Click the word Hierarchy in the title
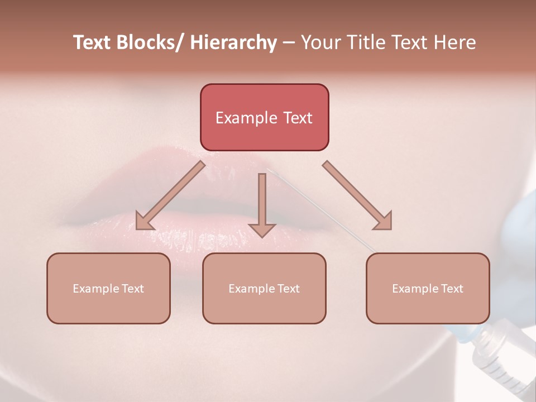click(233, 42)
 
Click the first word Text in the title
click(92, 42)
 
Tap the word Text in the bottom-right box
click(451, 289)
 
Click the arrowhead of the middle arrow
click(262, 229)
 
